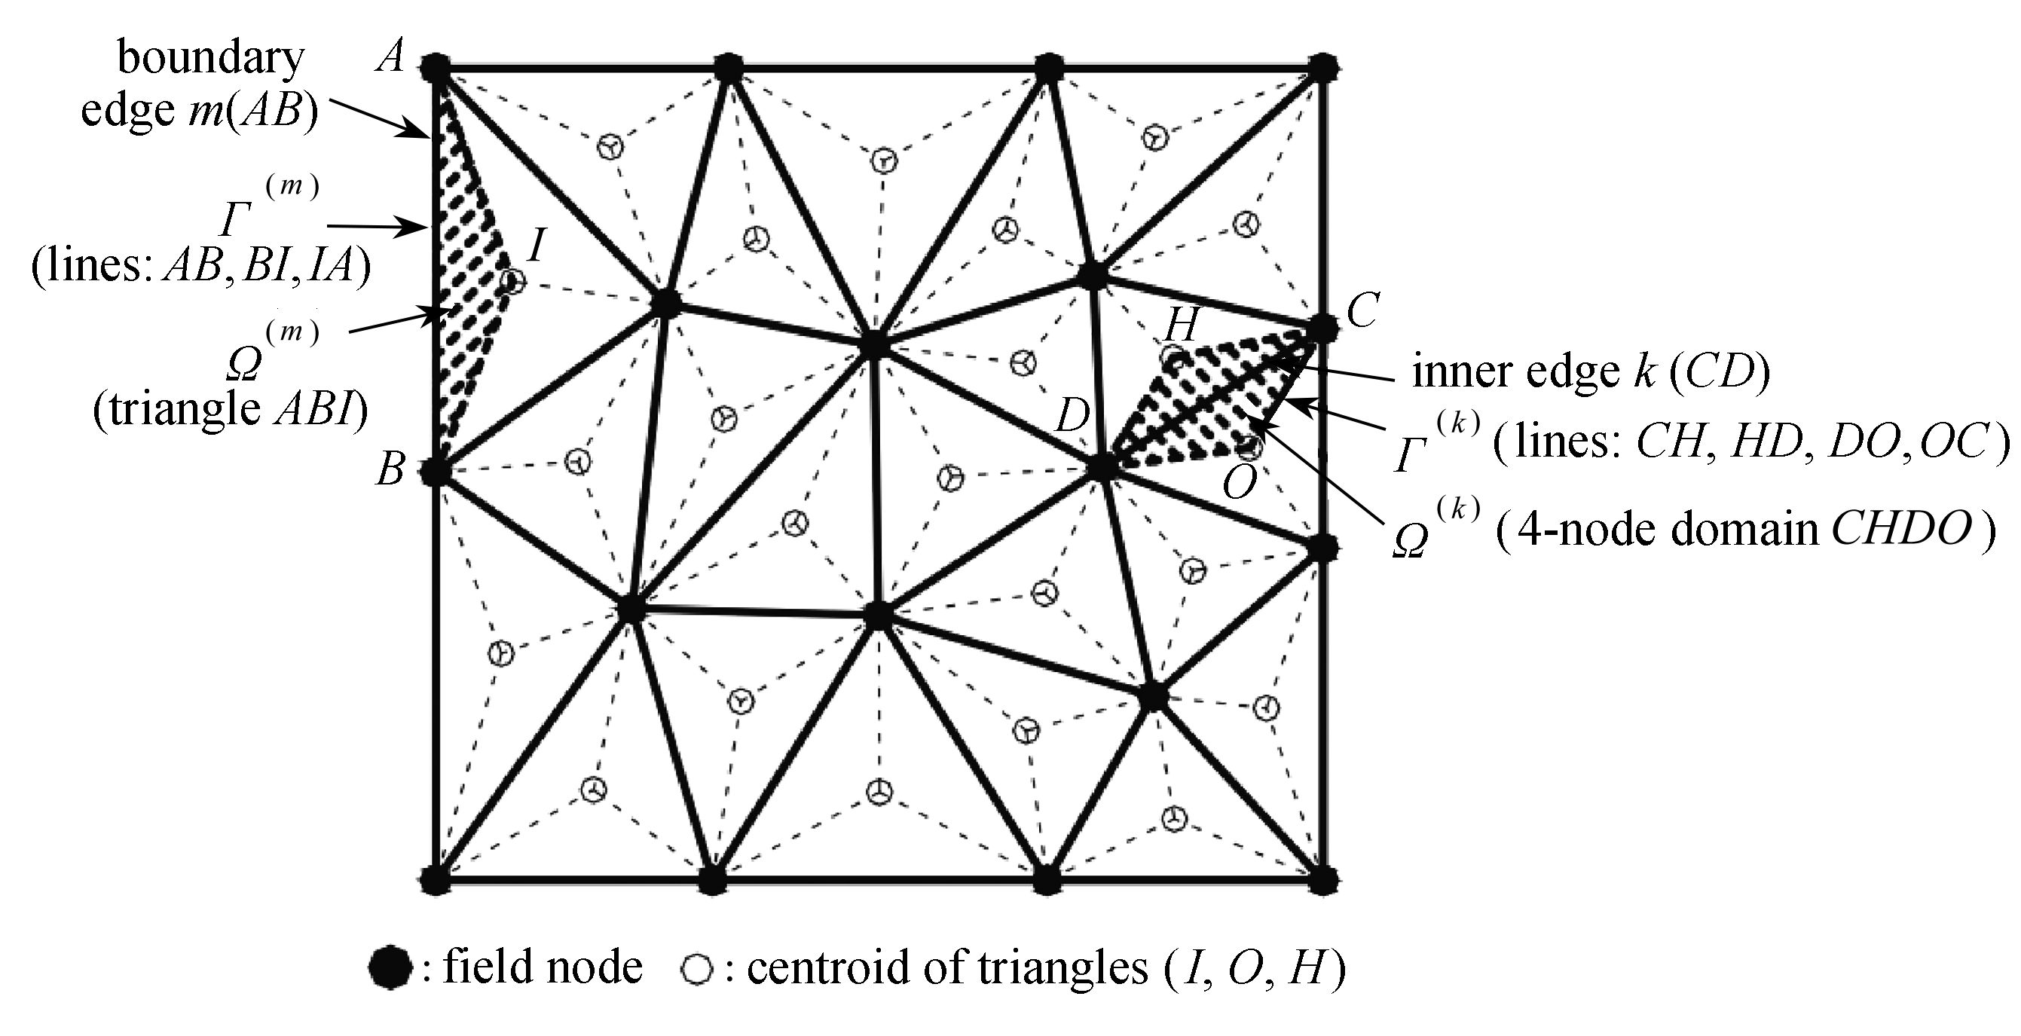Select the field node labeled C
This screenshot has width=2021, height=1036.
[1322, 328]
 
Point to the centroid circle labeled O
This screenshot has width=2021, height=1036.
[1250, 448]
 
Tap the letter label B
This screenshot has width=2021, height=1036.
[390, 471]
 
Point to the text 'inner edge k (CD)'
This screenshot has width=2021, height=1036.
[1591, 372]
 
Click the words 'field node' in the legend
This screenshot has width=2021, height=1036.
[543, 966]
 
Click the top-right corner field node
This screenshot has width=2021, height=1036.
[1322, 68]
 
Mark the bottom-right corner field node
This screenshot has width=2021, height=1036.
[1322, 879]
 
